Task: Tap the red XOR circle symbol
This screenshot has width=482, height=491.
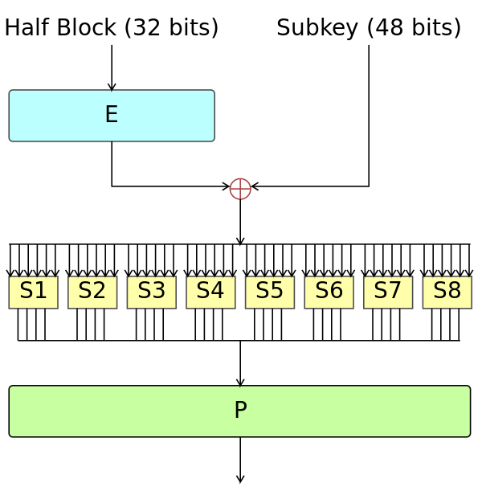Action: click(x=240, y=189)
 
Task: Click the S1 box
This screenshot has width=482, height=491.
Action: click(x=33, y=292)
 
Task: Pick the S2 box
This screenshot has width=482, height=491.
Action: click(x=92, y=292)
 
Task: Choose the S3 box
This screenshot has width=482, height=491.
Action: click(x=151, y=292)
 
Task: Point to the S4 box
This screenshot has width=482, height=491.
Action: click(x=210, y=292)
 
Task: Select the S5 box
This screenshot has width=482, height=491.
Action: click(x=270, y=292)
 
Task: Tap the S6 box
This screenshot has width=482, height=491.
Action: click(x=329, y=292)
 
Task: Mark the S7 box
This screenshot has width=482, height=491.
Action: click(x=388, y=292)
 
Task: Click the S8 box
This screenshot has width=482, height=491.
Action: click(x=447, y=292)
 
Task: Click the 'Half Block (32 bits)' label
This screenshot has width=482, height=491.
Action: click(x=112, y=28)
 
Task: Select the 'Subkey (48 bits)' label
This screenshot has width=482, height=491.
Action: click(x=369, y=28)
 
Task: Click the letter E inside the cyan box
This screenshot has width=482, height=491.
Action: click(x=112, y=115)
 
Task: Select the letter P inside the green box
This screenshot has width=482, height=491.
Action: click(x=240, y=411)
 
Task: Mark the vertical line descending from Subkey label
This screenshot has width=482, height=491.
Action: click(x=369, y=113)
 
